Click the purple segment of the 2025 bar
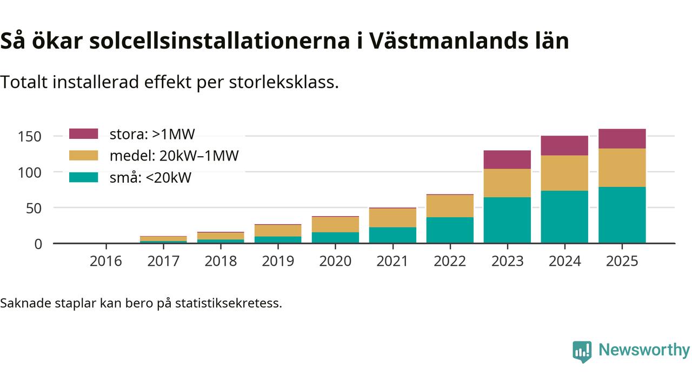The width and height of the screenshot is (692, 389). [622, 139]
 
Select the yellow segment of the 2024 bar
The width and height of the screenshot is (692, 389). [564, 173]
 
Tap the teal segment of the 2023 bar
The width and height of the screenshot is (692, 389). [507, 220]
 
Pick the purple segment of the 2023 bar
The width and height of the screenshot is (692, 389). [507, 159]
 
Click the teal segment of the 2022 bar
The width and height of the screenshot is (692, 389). [450, 230]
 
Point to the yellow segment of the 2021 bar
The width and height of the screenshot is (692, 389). [392, 218]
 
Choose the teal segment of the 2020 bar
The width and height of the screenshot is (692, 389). [335, 238]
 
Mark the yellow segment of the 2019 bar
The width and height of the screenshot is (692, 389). [278, 231]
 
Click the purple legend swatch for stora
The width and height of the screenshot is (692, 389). [84, 134]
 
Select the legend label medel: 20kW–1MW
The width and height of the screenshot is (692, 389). [174, 156]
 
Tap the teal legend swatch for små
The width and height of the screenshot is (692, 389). [84, 177]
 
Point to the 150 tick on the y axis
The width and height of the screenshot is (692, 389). [29, 136]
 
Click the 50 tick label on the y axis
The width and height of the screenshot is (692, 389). [34, 208]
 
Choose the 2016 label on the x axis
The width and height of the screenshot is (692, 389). [106, 261]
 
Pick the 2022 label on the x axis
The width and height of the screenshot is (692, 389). [450, 261]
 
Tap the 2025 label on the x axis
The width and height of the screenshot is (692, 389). [622, 261]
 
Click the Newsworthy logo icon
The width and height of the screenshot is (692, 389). [582, 351]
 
